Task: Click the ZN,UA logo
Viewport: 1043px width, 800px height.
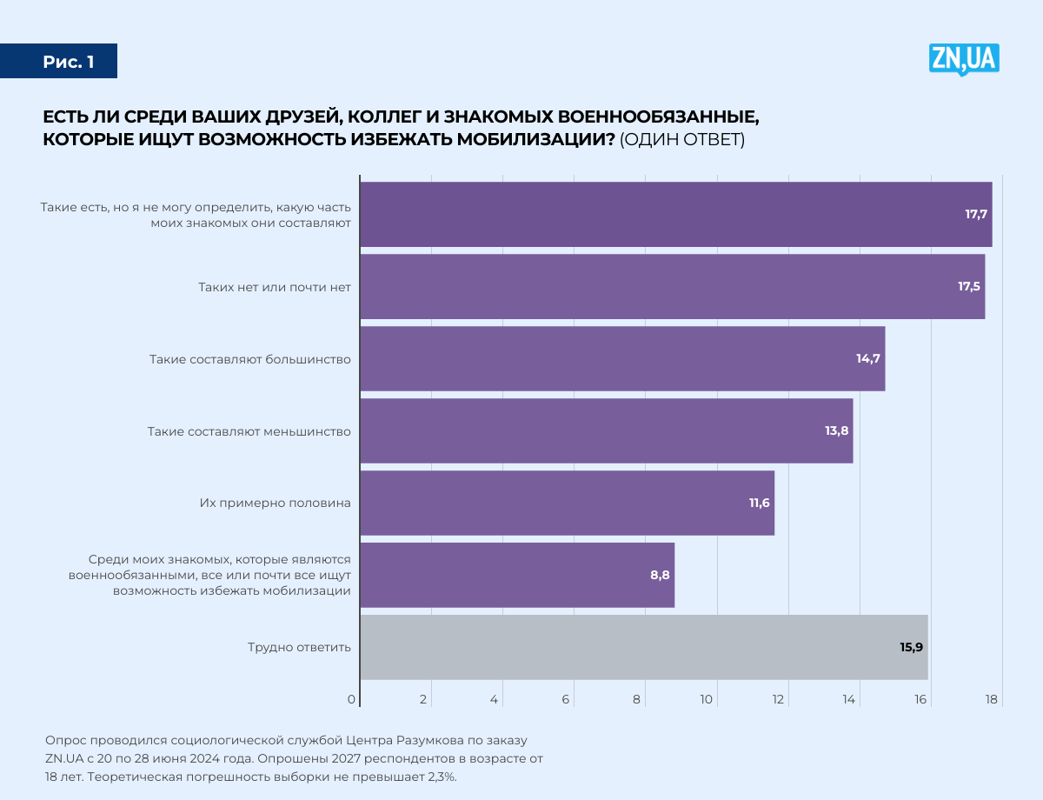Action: click(x=964, y=59)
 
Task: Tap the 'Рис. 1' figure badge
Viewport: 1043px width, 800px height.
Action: click(x=68, y=62)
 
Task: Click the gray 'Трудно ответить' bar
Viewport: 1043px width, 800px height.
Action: click(x=643, y=647)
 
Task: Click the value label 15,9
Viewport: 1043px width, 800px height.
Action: click(x=911, y=647)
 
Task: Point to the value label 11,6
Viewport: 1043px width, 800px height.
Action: click(x=760, y=503)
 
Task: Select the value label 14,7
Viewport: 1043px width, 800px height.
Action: click(x=869, y=358)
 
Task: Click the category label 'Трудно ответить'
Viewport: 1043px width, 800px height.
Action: click(x=299, y=647)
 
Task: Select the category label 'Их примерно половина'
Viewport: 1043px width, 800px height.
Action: click(x=276, y=503)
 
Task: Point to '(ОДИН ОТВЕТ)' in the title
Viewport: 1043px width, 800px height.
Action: click(x=682, y=140)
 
